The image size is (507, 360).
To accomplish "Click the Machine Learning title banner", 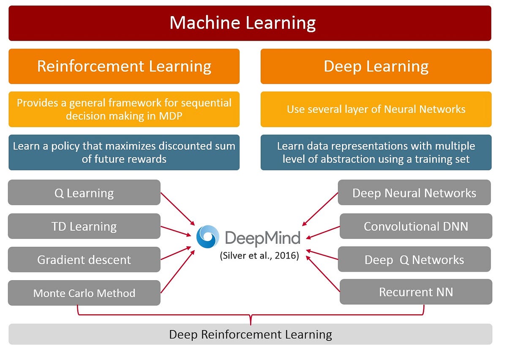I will (250, 23).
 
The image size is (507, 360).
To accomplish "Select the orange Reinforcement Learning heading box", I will (124, 66).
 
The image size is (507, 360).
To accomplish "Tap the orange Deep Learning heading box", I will (376, 66).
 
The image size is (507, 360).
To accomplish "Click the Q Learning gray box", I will (84, 193).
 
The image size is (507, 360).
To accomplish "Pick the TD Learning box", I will (84, 226).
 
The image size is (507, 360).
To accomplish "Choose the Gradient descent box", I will (84, 259).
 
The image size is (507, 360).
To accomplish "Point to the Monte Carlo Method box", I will (84, 293).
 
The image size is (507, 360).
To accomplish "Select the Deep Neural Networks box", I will (414, 193).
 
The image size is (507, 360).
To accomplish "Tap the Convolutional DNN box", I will (416, 226).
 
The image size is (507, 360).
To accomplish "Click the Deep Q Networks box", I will (414, 259).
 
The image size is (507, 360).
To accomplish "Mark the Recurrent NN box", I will (416, 292).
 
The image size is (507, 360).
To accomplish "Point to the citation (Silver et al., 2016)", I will (259, 256).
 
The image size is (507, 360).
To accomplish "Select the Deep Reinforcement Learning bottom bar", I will (250, 334).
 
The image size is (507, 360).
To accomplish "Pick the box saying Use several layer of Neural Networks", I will (376, 109).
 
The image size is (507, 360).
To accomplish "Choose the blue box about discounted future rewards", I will (124, 153).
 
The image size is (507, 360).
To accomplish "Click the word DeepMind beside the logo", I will (262, 237).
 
